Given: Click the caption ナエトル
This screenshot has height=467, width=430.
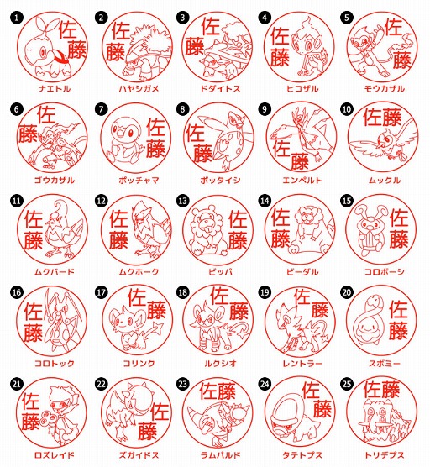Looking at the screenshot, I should point(48,88).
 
